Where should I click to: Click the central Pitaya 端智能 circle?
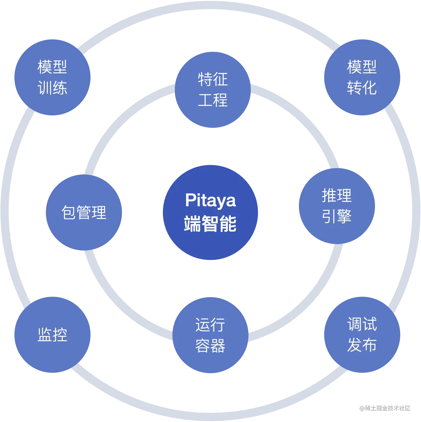[210, 212]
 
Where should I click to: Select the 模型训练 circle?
[52, 77]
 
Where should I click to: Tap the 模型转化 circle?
[362, 77]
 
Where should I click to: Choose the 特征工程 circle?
[213, 90]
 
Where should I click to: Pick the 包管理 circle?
[84, 212]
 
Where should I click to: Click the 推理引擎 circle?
[337, 206]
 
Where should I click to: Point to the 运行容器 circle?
[210, 335]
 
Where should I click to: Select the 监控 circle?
[52, 335]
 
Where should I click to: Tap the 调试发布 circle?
[362, 335]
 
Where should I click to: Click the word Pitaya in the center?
[210, 200]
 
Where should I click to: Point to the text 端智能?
[210, 224]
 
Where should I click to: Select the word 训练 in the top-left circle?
[52, 88]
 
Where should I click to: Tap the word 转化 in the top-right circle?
[362, 88]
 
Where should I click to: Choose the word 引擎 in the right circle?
[337, 216]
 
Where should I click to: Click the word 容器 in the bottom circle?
[210, 346]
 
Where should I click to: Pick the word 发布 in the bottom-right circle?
[362, 345]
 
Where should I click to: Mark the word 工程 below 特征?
[213, 100]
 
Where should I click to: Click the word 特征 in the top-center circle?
[213, 79]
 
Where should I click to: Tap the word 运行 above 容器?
[210, 325]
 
